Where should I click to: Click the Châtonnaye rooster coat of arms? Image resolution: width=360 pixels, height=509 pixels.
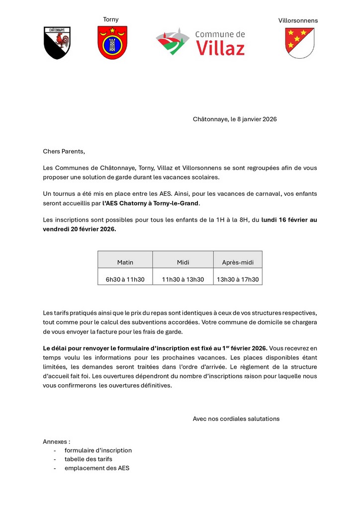tap(57, 43)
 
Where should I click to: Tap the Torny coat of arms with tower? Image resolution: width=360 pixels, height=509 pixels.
tap(112, 42)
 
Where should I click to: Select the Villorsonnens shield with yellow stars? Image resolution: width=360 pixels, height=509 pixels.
tap(299, 43)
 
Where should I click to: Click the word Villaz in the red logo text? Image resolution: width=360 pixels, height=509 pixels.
tap(220, 48)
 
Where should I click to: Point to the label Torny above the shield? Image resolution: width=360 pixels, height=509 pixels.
tap(111, 19)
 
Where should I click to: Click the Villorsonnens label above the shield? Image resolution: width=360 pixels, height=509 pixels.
tap(298, 20)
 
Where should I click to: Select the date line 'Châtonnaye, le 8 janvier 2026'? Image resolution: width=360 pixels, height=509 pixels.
tap(235, 119)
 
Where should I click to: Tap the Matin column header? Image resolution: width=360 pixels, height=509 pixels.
tap(125, 262)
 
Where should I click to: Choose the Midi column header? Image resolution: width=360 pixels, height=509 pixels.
tap(183, 262)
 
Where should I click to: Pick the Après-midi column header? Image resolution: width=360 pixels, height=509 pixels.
tap(238, 262)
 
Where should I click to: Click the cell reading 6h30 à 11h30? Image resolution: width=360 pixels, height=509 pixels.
tap(125, 279)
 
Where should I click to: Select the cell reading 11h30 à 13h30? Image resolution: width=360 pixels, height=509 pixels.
tap(183, 279)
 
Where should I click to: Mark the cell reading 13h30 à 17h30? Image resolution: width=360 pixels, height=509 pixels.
tap(238, 279)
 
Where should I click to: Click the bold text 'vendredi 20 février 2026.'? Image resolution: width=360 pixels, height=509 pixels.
tap(80, 229)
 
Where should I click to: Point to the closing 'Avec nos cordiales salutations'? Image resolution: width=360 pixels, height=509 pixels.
tap(236, 419)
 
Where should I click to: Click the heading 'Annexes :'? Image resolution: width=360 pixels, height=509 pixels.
tap(57, 441)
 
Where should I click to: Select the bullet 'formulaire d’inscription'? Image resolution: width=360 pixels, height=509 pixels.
tap(98, 450)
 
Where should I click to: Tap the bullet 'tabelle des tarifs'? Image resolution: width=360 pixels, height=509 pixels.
tap(89, 459)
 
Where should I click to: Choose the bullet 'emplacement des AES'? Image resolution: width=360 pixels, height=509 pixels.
tap(97, 468)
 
